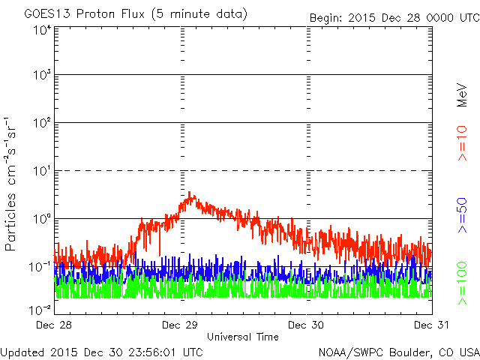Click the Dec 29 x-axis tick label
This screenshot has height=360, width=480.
[x=181, y=325]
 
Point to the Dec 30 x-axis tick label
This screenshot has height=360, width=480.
[x=307, y=325]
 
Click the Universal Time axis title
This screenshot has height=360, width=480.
[x=242, y=337]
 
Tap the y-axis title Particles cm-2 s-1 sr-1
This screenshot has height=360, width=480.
[x=11, y=184]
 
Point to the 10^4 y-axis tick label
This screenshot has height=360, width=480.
[x=41, y=30]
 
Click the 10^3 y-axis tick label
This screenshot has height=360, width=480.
[x=41, y=76]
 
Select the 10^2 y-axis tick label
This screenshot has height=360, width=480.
[x=41, y=123]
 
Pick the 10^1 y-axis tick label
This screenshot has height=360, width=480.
[x=41, y=171]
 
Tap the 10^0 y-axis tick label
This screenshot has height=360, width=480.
[x=41, y=219]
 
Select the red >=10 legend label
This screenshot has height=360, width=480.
[x=463, y=142]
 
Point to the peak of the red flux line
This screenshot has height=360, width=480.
[x=191, y=193]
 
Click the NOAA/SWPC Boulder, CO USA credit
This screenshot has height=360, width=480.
[x=397, y=351]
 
